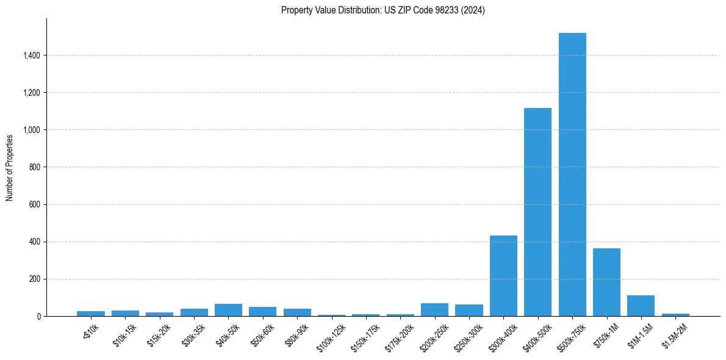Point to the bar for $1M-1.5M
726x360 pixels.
[x=641, y=306]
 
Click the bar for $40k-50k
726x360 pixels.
[x=228, y=310]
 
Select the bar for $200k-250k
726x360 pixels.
[x=434, y=310]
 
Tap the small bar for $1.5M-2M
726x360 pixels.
[x=675, y=315]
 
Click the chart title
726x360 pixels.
[x=383, y=10]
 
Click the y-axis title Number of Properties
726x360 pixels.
[x=10, y=167]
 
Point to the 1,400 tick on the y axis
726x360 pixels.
[x=31, y=56]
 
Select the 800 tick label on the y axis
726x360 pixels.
[x=34, y=167]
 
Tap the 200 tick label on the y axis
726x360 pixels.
[x=34, y=279]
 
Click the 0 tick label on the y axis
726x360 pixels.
[x=38, y=316]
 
